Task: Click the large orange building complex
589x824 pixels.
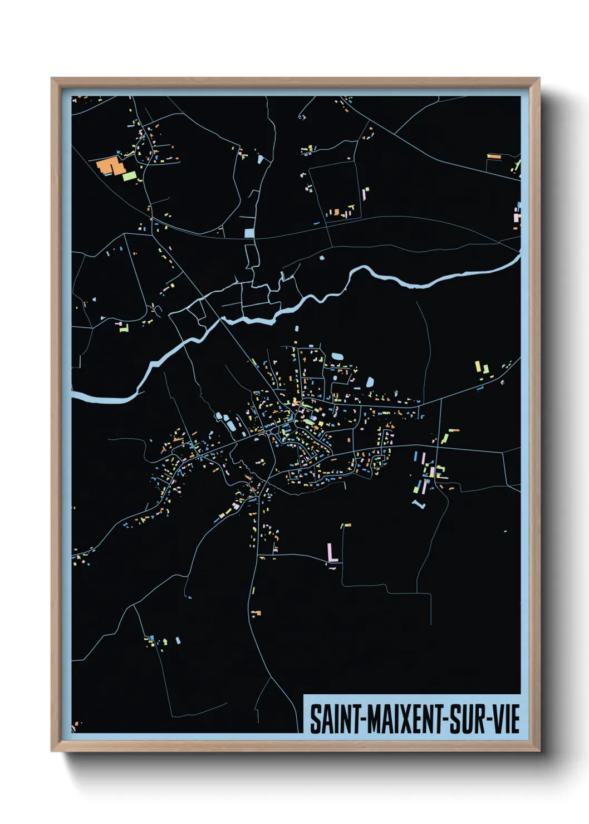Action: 110,166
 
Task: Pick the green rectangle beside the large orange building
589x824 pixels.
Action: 129,176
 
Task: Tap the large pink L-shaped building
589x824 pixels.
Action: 332,554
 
